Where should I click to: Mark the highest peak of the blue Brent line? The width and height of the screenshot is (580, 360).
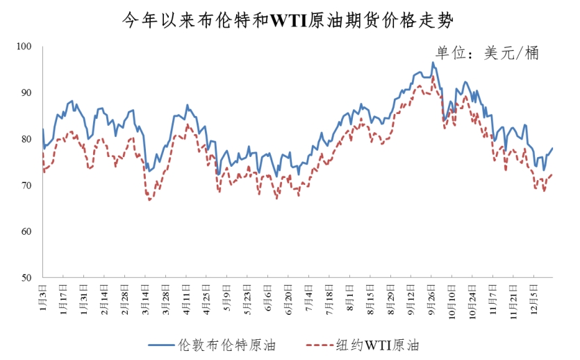[x=433, y=63]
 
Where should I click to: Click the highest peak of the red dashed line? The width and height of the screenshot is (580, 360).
[x=433, y=76]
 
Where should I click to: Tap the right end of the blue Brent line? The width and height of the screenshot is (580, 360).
[x=553, y=148]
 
